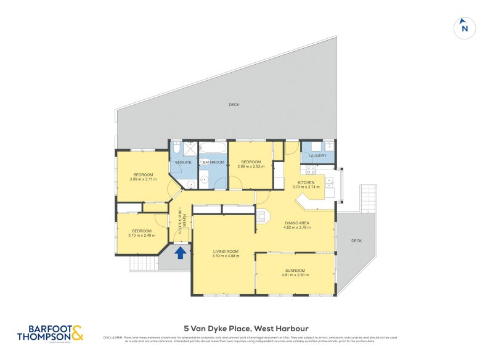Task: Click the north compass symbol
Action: click(x=465, y=28)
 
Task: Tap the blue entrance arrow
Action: click(x=181, y=252)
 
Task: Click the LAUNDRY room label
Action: click(x=317, y=156)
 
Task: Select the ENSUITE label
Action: click(x=183, y=162)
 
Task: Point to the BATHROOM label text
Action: click(x=213, y=162)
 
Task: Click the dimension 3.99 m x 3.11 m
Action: click(x=143, y=179)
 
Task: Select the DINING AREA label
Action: click(x=297, y=223)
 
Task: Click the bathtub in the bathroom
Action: click(x=214, y=148)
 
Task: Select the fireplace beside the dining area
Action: click(x=261, y=216)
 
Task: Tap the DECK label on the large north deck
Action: click(x=234, y=105)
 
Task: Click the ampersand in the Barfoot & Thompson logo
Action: click(x=77, y=333)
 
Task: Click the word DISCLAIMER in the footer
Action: click(x=112, y=337)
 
